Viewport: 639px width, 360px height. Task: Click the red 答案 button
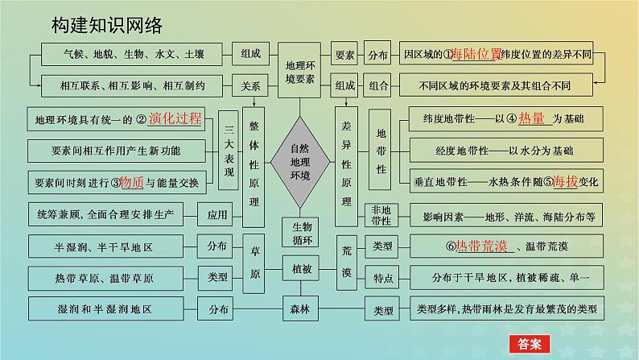pos(528,342)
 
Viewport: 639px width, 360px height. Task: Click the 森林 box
pos(299,308)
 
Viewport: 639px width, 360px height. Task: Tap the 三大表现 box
pos(229,151)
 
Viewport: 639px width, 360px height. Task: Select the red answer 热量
pos(531,119)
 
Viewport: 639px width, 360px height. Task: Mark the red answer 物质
pos(131,183)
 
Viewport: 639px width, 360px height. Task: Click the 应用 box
pos(217,215)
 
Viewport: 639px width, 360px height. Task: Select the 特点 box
pos(382,278)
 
